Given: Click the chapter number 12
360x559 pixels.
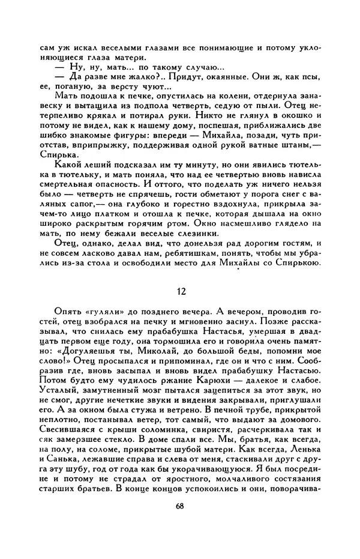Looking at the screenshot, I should (181, 291).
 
